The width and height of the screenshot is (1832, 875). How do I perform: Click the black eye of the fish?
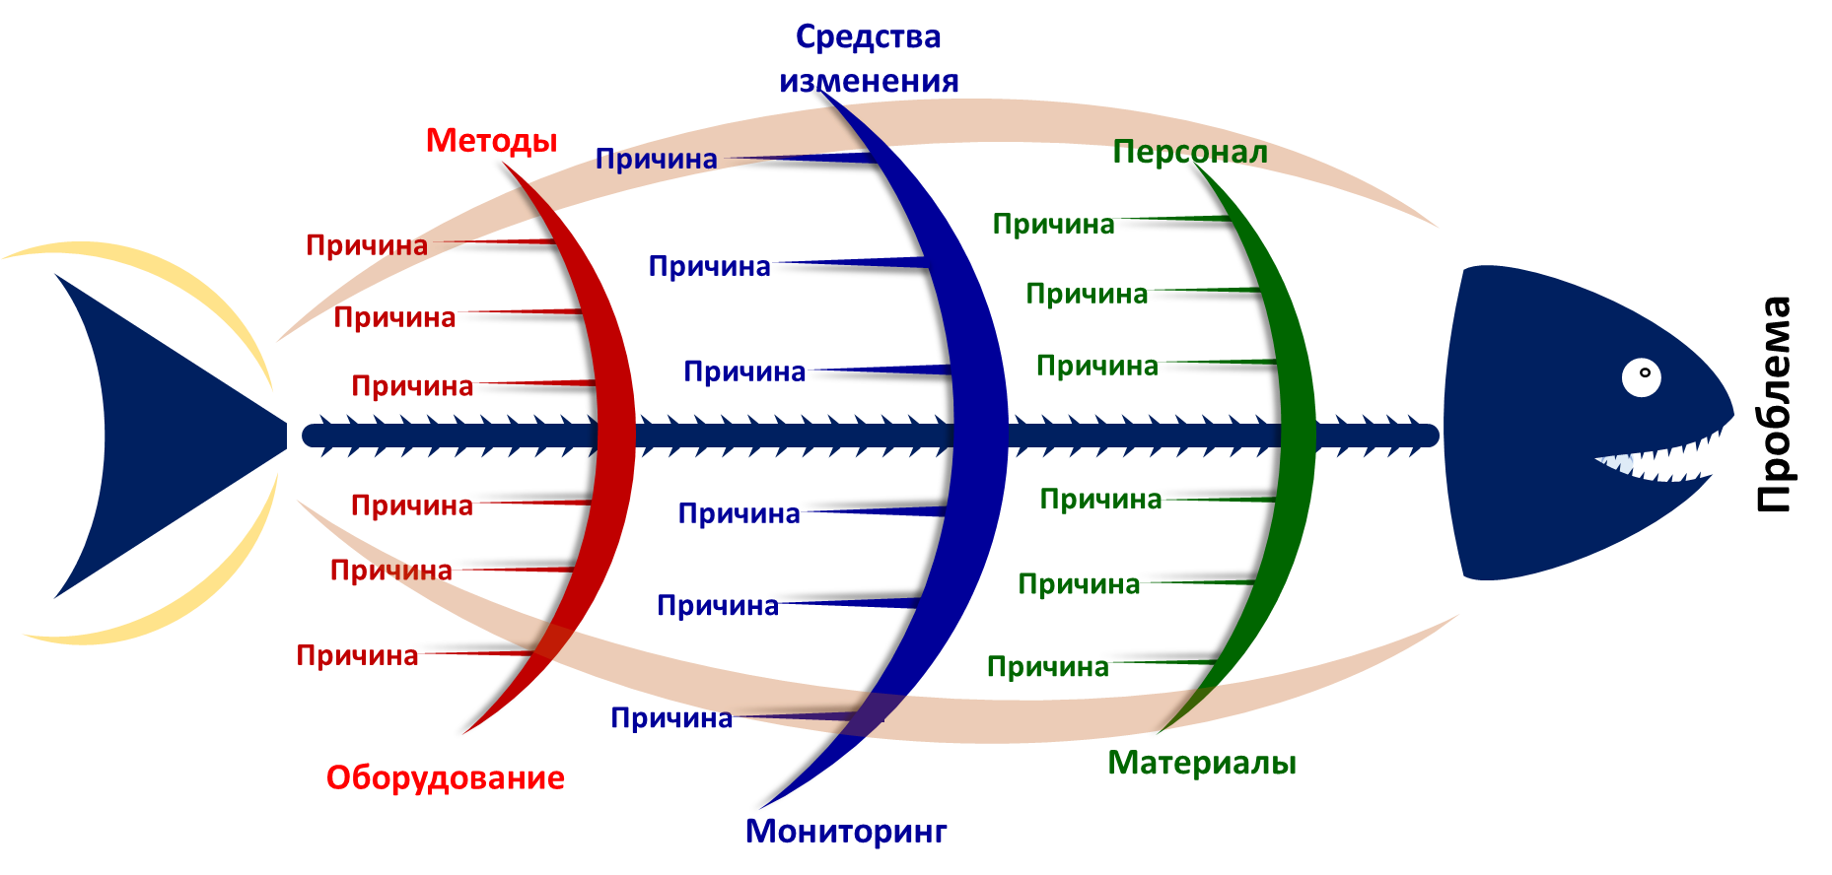(1641, 377)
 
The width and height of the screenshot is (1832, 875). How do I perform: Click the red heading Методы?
(491, 141)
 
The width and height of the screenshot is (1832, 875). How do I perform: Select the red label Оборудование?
(445, 777)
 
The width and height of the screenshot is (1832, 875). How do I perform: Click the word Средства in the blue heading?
(868, 37)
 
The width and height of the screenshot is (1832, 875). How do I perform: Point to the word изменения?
(868, 81)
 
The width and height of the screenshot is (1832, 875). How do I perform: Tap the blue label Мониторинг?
(845, 831)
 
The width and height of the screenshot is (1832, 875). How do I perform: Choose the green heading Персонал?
(1189, 152)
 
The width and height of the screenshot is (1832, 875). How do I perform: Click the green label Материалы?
(1201, 763)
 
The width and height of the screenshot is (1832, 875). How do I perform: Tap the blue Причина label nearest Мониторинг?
(671, 718)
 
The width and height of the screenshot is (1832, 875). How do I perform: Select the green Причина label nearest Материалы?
(1047, 667)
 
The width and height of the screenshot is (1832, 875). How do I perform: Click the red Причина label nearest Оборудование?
(357, 655)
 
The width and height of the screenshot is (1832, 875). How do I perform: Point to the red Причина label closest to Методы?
(367, 245)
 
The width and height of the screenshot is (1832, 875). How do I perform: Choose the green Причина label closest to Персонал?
(1053, 225)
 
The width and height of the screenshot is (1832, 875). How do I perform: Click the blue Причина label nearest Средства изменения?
(656, 160)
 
